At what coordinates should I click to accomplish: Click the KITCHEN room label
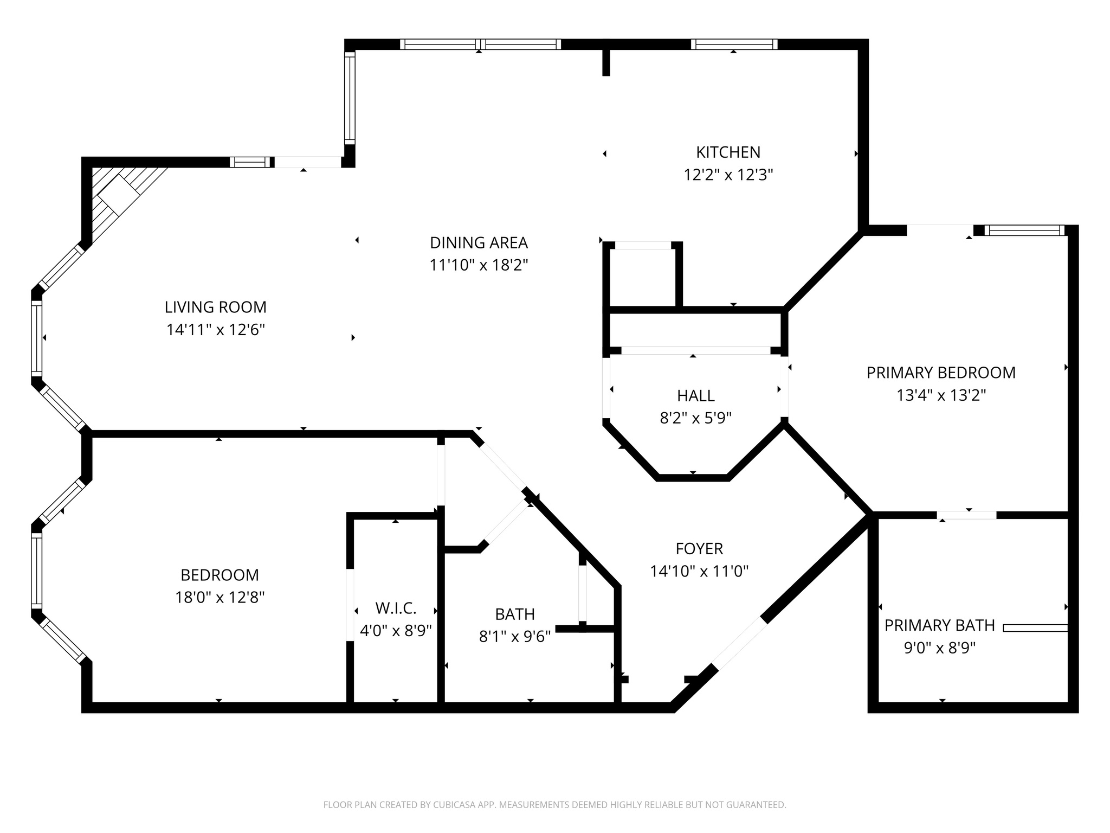coord(728,152)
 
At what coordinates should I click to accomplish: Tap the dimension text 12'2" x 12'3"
coord(728,175)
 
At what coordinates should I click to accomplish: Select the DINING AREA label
coord(479,242)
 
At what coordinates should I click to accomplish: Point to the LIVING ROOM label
coord(215,307)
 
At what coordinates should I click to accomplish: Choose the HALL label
coord(695,395)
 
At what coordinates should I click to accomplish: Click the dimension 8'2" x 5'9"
coord(695,418)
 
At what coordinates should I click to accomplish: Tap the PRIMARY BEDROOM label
coord(940,373)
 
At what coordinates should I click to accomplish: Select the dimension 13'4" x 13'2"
coord(940,395)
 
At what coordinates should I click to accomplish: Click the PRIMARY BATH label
coord(939,625)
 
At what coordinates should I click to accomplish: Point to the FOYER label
coord(699,549)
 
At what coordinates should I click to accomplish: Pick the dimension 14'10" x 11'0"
coord(699,572)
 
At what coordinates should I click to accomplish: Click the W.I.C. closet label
coord(396,608)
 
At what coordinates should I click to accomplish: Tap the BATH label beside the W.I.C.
coord(514,614)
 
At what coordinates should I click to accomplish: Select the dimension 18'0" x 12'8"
coord(220,598)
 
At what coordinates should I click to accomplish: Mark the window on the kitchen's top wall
coord(734,44)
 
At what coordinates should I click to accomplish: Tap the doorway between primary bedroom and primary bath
coord(966,515)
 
